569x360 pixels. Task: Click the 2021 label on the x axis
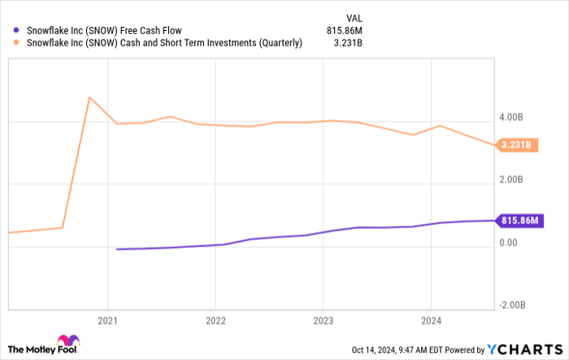pyautogui.click(x=108, y=320)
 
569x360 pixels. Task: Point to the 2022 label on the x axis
pyautogui.click(x=215, y=320)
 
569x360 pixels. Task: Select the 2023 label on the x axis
pyautogui.click(x=323, y=320)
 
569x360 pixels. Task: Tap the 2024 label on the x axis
pyautogui.click(x=431, y=320)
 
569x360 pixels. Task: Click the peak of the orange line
pyautogui.click(x=89, y=98)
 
